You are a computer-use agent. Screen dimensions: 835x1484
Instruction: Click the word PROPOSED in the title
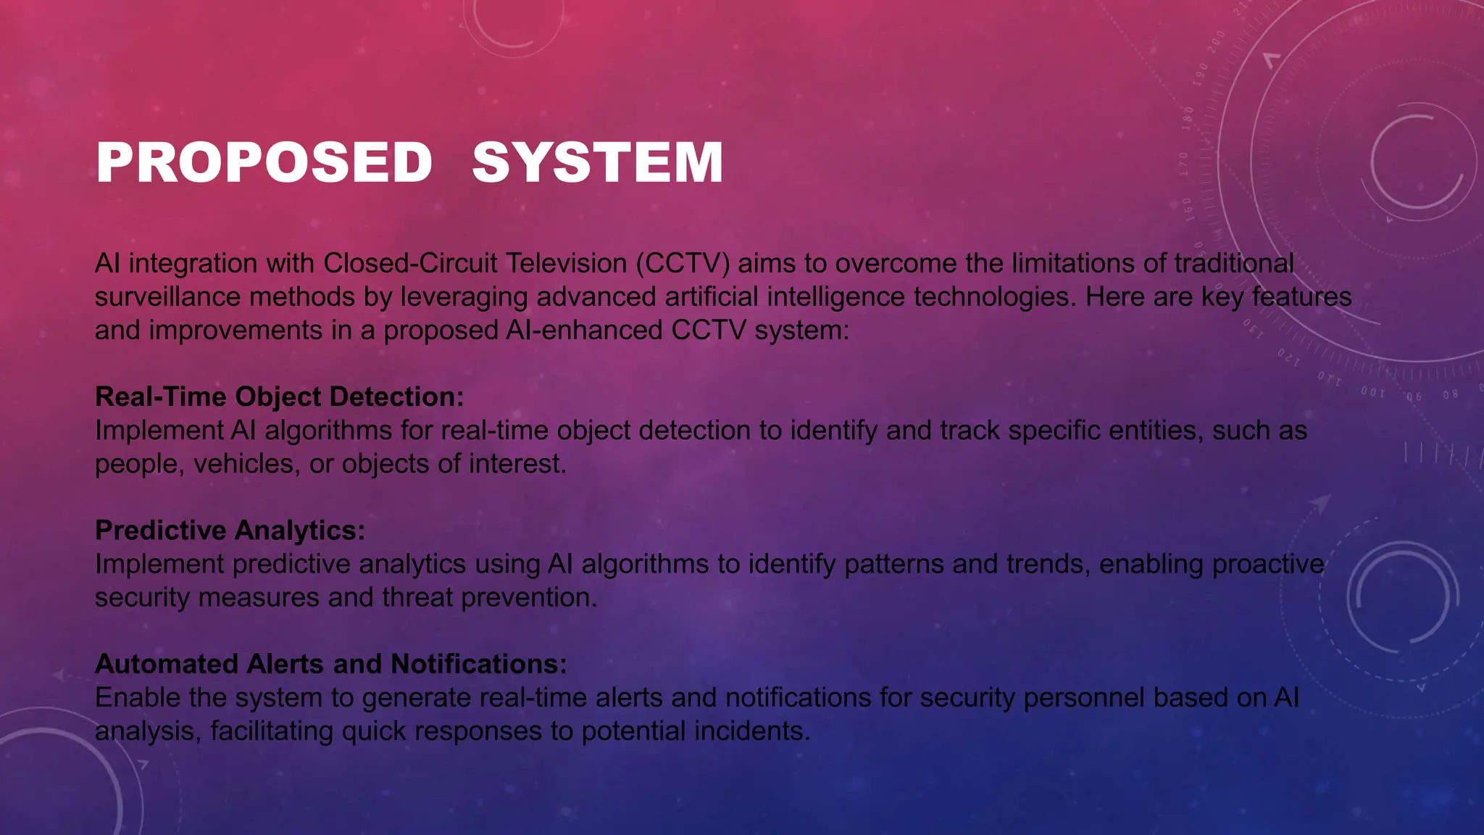tap(264, 162)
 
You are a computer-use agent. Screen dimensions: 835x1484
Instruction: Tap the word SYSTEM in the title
tap(597, 162)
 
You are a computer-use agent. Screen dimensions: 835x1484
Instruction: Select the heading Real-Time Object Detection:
tap(279, 396)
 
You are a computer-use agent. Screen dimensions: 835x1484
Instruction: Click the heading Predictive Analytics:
tap(230, 530)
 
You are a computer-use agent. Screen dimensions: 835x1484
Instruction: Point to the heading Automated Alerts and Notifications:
tap(330, 664)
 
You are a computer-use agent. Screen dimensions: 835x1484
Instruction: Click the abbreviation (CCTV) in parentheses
tap(683, 263)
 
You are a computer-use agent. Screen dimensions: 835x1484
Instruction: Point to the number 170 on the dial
tap(1183, 164)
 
